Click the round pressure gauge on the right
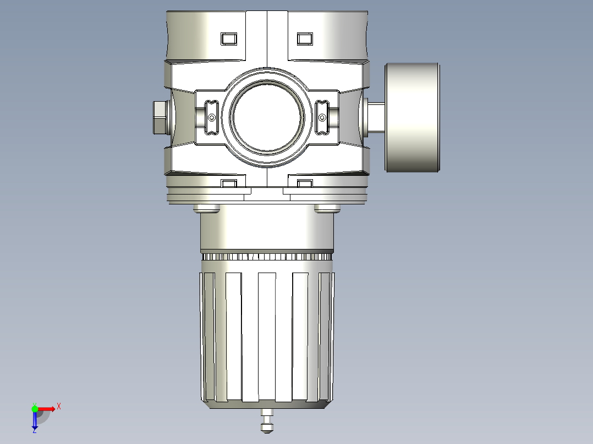click(413, 117)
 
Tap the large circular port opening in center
click(267, 116)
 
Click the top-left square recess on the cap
click(228, 38)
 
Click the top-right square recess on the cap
click(304, 38)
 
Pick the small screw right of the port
click(322, 117)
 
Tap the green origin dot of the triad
click(35, 408)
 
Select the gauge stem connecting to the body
click(376, 117)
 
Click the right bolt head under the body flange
click(327, 208)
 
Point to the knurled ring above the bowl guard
click(267, 257)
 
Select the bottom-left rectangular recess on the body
click(228, 182)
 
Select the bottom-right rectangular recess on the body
click(304, 182)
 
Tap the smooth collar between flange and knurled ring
click(267, 231)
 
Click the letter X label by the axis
click(59, 407)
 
